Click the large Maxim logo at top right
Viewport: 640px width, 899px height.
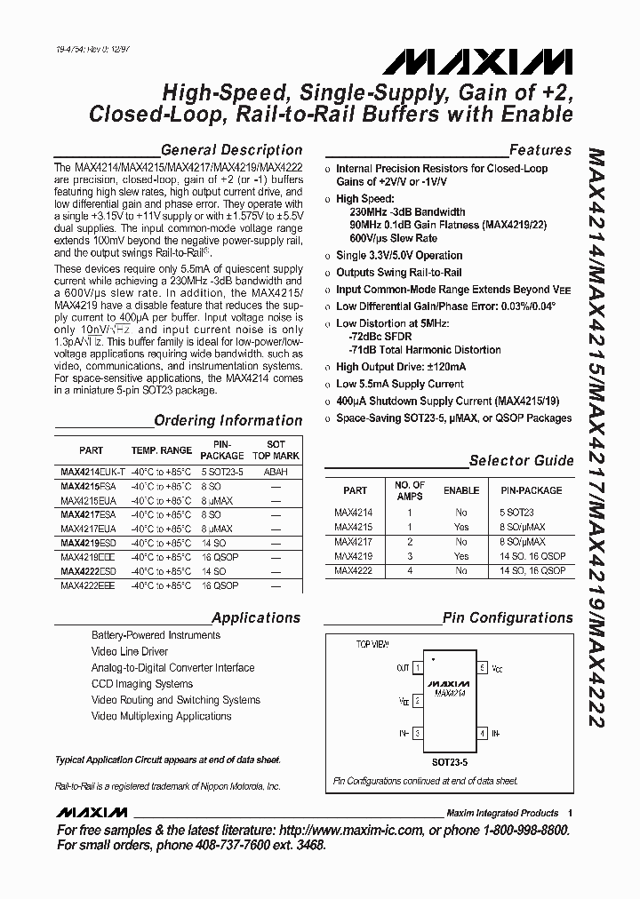tap(477, 63)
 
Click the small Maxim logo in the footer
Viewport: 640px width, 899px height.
tap(92, 812)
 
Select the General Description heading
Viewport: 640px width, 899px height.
tap(231, 150)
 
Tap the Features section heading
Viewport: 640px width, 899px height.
tap(540, 150)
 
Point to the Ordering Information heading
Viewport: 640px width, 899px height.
tap(228, 420)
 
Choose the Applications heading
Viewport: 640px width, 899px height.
tap(256, 617)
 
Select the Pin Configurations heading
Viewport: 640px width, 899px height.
tap(508, 617)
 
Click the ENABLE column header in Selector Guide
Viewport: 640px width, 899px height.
tap(461, 490)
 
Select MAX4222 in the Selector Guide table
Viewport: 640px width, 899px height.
tap(355, 571)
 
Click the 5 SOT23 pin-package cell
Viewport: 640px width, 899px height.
tap(516, 512)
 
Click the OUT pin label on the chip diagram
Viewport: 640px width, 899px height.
tap(403, 666)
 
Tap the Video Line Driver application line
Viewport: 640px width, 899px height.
tap(130, 651)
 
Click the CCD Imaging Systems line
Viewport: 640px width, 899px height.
tap(142, 684)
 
